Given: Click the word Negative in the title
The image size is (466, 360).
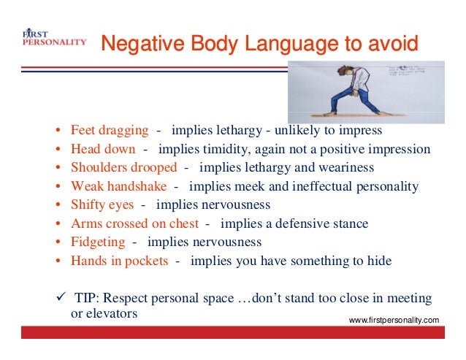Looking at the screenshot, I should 136,43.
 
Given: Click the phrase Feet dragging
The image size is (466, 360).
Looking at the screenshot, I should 110,131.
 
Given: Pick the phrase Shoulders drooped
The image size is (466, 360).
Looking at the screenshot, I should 124,168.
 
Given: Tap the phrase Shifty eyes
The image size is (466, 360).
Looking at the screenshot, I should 102,204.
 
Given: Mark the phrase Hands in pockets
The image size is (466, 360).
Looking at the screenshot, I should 118,261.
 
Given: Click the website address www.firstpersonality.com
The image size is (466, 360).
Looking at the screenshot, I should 394,320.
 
